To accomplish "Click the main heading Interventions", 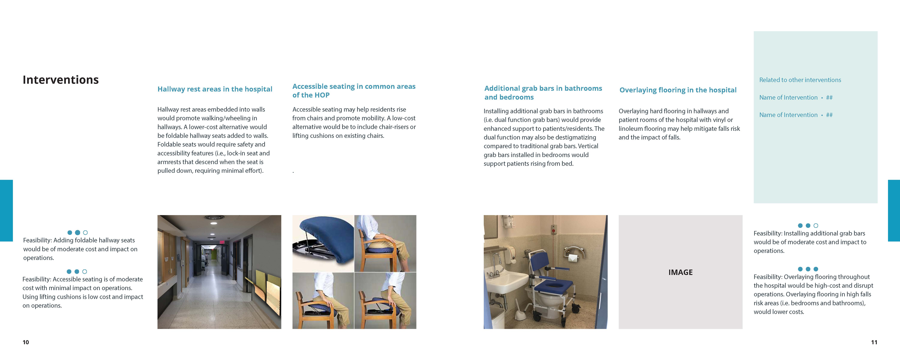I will click(60, 80).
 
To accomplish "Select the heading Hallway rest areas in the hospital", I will click(214, 89).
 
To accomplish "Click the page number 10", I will click(26, 342).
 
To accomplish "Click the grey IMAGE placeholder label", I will click(680, 272).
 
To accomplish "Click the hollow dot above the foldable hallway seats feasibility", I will click(85, 232).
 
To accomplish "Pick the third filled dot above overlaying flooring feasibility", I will click(816, 269).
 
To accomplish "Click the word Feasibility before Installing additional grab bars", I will click(768, 234).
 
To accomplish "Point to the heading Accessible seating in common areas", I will click(354, 86).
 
